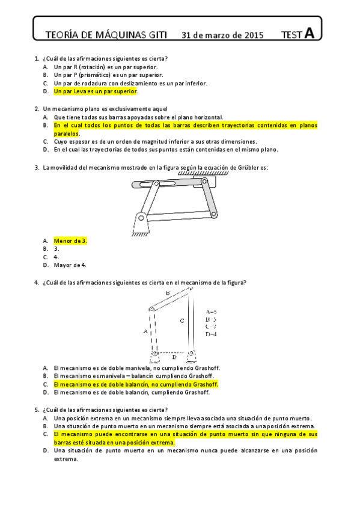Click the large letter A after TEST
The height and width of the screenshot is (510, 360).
pos(309,34)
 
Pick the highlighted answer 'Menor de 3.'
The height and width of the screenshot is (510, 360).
pos(70,241)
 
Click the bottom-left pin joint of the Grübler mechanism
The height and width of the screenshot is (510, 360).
pos(140,217)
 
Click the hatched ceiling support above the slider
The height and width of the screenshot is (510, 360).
pos(199,174)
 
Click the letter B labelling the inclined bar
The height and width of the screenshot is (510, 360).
pos(168,293)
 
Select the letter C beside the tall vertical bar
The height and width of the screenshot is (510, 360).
pos(182,321)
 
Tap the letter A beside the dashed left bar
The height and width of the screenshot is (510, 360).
pos(145,331)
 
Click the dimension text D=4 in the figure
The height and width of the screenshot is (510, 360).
pos(211,334)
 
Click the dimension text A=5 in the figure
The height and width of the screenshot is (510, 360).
pos(211,312)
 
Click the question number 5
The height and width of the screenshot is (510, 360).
pos(37,410)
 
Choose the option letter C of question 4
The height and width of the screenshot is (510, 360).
pos(46,384)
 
